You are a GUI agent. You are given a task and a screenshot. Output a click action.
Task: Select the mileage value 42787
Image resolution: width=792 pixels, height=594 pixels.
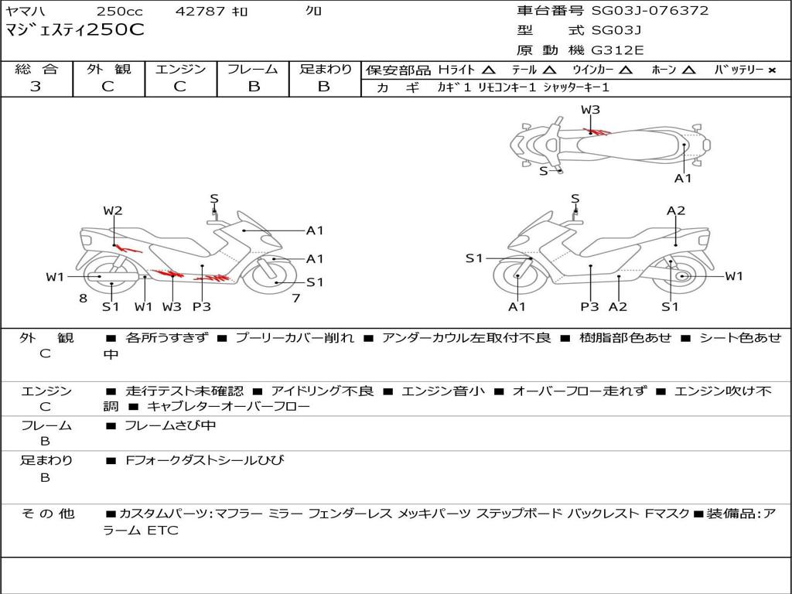click(200, 12)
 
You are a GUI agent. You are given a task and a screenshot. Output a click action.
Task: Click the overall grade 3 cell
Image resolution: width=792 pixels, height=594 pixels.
click(36, 87)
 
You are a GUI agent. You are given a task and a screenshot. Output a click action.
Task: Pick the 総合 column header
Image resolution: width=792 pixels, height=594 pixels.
click(36, 70)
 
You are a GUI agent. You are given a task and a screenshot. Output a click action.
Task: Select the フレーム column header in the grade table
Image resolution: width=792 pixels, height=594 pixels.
click(253, 70)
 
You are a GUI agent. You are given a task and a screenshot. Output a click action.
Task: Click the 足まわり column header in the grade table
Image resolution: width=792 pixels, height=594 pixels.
click(325, 70)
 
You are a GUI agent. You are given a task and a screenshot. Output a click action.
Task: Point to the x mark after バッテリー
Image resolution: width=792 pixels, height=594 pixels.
click(771, 70)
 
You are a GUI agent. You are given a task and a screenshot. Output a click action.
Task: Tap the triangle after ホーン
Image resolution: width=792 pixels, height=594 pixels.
click(689, 70)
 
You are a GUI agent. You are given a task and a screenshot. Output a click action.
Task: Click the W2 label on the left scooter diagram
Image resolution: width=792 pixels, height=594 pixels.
click(113, 210)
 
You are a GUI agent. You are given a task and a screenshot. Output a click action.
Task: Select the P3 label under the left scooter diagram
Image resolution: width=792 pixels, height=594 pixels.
click(201, 306)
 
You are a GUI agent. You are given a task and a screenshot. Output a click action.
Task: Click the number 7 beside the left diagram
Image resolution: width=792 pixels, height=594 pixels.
click(295, 298)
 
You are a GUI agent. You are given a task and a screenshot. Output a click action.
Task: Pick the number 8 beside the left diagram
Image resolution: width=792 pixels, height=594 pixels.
click(82, 298)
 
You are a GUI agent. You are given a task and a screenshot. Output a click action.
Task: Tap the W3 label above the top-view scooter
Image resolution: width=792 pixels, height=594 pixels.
click(590, 110)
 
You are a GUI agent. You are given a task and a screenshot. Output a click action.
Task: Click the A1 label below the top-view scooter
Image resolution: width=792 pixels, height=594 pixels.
click(683, 178)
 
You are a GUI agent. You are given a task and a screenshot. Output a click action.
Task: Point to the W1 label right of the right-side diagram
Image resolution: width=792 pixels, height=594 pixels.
click(734, 276)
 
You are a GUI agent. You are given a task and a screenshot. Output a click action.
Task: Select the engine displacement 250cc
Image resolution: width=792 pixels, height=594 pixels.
click(119, 12)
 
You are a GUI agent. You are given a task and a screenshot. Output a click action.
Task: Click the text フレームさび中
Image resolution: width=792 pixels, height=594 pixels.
click(170, 425)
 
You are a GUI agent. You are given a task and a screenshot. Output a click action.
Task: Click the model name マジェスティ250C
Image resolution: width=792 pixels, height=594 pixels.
click(75, 31)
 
